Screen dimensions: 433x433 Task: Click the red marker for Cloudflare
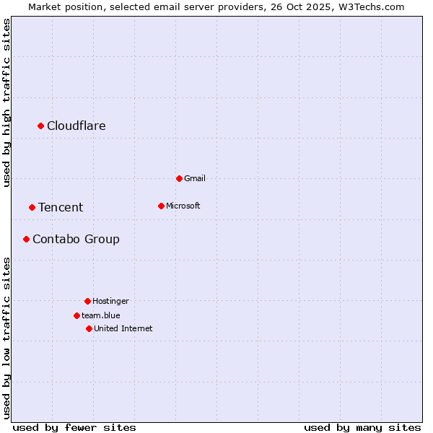[41, 126]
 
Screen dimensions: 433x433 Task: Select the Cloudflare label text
[76, 126]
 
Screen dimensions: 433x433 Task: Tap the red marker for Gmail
[179, 178]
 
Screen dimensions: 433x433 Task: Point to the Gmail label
[195, 178]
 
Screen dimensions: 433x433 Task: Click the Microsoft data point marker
[161, 206]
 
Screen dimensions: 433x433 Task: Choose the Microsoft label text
[183, 206]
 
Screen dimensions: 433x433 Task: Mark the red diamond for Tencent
[32, 208]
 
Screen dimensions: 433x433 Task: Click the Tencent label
[61, 208]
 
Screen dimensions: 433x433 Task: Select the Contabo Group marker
[26, 239]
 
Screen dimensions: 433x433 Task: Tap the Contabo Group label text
[76, 239]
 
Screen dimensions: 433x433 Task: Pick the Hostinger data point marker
[87, 301]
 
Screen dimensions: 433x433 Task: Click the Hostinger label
[110, 301]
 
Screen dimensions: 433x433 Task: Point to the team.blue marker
[76, 315]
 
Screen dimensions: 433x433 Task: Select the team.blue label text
[101, 315]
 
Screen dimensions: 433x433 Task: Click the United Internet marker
[89, 328]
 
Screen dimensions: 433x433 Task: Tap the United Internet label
[123, 328]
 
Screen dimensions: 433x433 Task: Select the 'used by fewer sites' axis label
[74, 427]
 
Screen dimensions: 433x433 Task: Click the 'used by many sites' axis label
[362, 427]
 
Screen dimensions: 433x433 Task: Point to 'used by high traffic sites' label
[6, 102]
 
